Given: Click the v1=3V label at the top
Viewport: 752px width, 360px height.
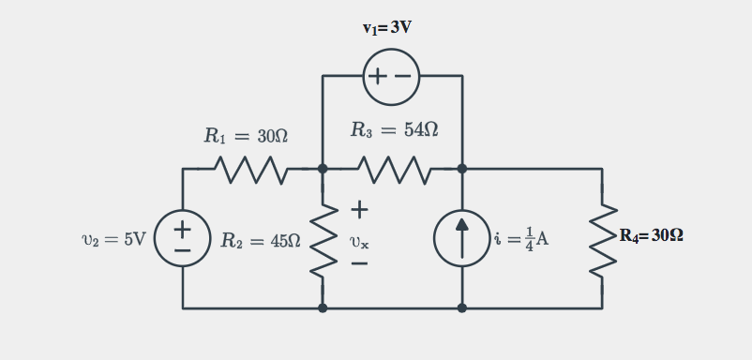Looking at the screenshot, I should click(386, 27).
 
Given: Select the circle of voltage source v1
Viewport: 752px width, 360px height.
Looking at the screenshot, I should click(391, 76).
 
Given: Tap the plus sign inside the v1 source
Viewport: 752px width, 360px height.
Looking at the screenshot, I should click(378, 76).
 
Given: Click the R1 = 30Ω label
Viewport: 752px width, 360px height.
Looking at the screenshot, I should click(246, 136).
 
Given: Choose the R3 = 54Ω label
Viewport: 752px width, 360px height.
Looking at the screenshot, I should click(394, 130).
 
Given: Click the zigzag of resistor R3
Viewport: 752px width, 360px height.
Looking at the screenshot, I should click(393, 169).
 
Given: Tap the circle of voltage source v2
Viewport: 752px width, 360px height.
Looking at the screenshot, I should click(183, 238).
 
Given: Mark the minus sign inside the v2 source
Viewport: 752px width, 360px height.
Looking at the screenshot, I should click(183, 251).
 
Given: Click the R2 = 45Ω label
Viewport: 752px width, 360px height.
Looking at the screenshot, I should click(260, 241).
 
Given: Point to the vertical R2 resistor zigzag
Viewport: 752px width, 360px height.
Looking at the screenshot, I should click(323, 238).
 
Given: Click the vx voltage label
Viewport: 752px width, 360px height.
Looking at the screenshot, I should click(358, 242).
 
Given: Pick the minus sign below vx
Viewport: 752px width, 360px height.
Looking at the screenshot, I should click(358, 264).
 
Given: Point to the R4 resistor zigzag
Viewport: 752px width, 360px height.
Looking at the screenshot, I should click(602, 238).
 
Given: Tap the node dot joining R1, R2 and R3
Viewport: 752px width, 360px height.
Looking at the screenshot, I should click(323, 169).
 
